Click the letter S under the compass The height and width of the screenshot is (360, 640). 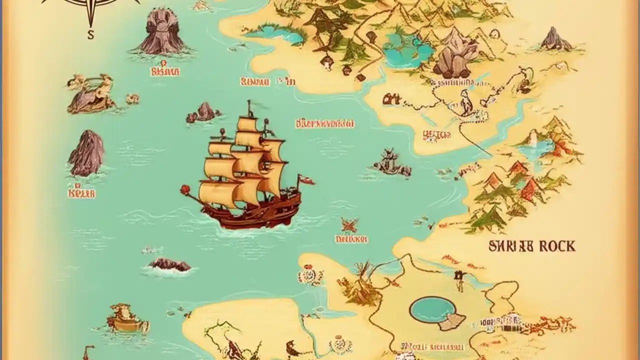pyautogui.click(x=90, y=35)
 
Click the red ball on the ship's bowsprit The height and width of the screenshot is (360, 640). pyautogui.click(x=186, y=189)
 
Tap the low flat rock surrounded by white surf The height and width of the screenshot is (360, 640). pyautogui.click(x=169, y=264)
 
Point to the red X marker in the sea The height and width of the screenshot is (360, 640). pyautogui.click(x=350, y=225)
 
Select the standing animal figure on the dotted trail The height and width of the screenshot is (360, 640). pyautogui.click(x=466, y=102)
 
